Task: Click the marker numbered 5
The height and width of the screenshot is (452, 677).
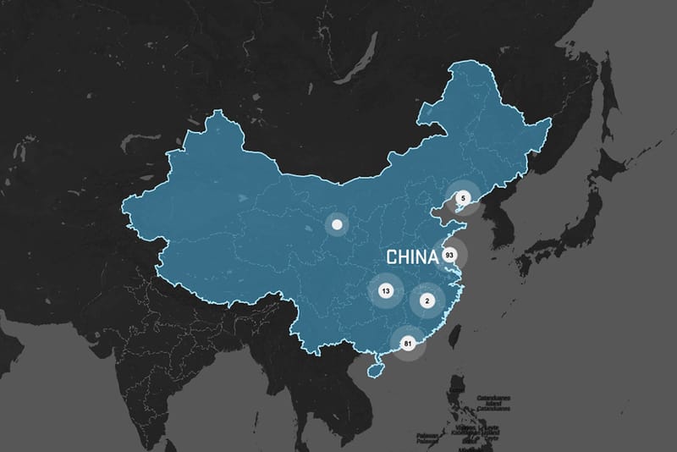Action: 462,198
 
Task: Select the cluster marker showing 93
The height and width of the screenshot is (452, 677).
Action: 449,255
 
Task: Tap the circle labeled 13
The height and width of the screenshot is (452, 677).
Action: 386,290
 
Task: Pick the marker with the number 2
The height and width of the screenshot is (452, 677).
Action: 427,300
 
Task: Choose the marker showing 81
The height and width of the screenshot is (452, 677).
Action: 408,344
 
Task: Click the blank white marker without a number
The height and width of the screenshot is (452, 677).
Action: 337,225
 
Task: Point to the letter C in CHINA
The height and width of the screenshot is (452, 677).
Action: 392,256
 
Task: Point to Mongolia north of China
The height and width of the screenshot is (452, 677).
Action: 338,144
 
